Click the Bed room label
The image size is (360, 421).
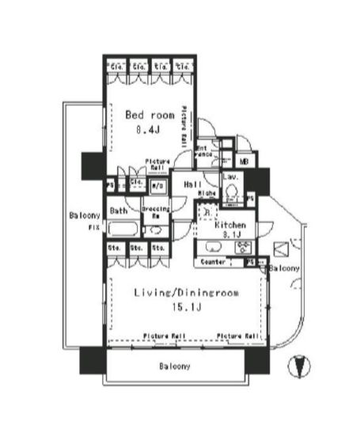tap(150, 114)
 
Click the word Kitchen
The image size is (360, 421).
tap(230, 226)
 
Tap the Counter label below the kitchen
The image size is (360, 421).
tap(212, 261)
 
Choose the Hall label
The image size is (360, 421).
tap(191, 184)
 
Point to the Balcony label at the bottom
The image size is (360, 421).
tap(173, 366)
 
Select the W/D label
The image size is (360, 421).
tap(157, 188)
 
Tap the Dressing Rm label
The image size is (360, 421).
tap(154, 212)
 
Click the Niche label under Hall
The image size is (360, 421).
tap(207, 193)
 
